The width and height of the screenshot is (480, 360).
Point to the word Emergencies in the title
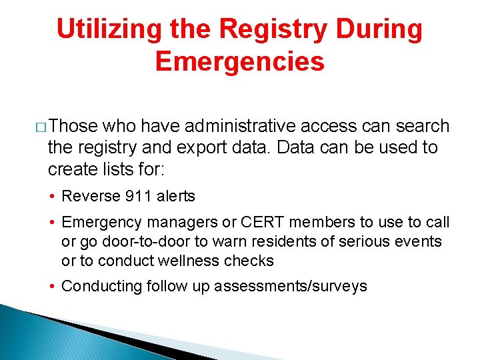pos(239,62)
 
